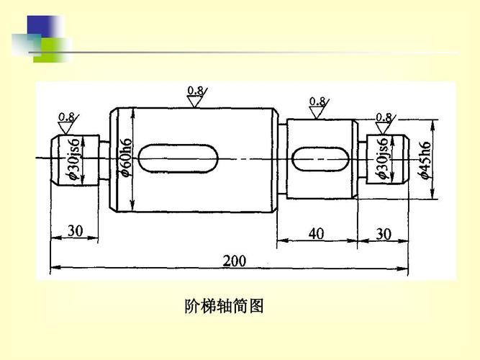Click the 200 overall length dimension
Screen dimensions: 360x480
click(x=233, y=261)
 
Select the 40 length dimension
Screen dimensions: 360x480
click(x=316, y=233)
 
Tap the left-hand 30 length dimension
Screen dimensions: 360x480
click(x=76, y=231)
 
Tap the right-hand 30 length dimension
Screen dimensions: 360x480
click(x=384, y=233)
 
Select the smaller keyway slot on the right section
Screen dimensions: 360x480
click(x=322, y=158)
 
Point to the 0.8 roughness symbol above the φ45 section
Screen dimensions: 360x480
click(x=317, y=108)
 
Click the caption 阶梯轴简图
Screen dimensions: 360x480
click(x=225, y=307)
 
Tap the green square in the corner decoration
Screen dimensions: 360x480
click(x=53, y=49)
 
